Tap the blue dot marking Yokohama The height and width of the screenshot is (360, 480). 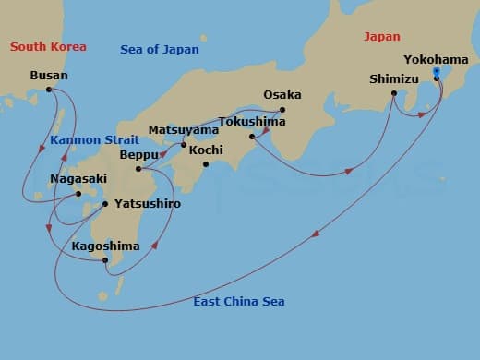pyautogui.click(x=436, y=70)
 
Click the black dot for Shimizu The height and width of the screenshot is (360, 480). pyautogui.click(x=394, y=93)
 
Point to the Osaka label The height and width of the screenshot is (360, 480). pyautogui.click(x=282, y=95)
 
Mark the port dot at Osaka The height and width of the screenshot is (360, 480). pyautogui.click(x=282, y=110)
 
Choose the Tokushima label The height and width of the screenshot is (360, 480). pyautogui.click(x=251, y=121)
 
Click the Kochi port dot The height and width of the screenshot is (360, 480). pyautogui.click(x=206, y=165)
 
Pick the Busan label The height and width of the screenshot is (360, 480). pyautogui.click(x=48, y=76)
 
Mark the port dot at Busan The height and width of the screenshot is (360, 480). pyautogui.click(x=49, y=90)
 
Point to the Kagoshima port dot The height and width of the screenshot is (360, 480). pyautogui.click(x=106, y=260)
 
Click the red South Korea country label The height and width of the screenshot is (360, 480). pyautogui.click(x=48, y=45)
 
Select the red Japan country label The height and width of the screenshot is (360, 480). pyautogui.click(x=382, y=36)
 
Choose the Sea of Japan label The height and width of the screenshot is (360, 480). pyautogui.click(x=159, y=49)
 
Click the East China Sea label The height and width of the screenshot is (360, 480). pyautogui.click(x=239, y=302)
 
